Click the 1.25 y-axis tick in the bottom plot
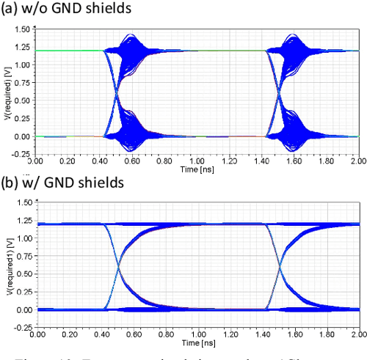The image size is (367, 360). click(23, 220)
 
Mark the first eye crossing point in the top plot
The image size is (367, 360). click(115, 93)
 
